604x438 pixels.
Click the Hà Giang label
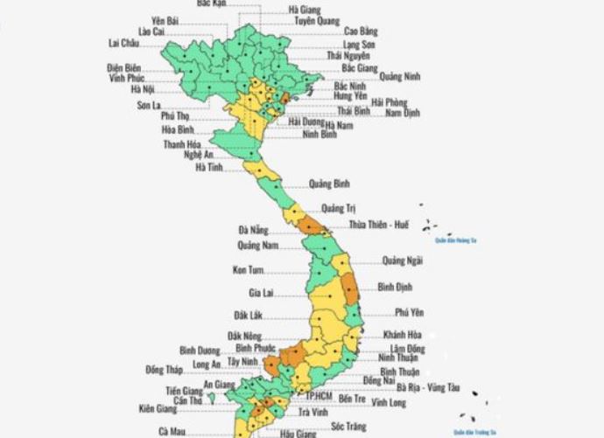click(304, 10)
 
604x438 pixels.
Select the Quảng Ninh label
click(400, 76)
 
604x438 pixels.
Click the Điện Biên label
click(123, 66)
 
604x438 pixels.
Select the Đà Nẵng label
click(253, 230)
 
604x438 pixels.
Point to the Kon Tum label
click(249, 270)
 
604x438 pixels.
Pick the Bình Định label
click(395, 286)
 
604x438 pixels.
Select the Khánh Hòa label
click(403, 335)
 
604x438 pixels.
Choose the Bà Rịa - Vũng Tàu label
click(427, 386)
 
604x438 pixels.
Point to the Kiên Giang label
click(157, 408)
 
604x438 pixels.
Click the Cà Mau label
click(172, 431)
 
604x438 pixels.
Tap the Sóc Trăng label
click(348, 426)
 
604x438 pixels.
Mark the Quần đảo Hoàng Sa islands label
click(455, 240)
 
